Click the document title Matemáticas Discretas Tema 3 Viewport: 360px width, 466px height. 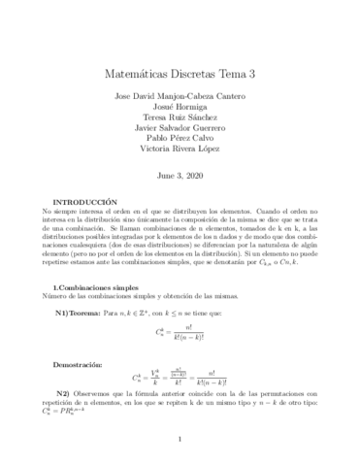click(x=180, y=72)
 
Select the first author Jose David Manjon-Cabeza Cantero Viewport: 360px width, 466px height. click(x=180, y=94)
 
